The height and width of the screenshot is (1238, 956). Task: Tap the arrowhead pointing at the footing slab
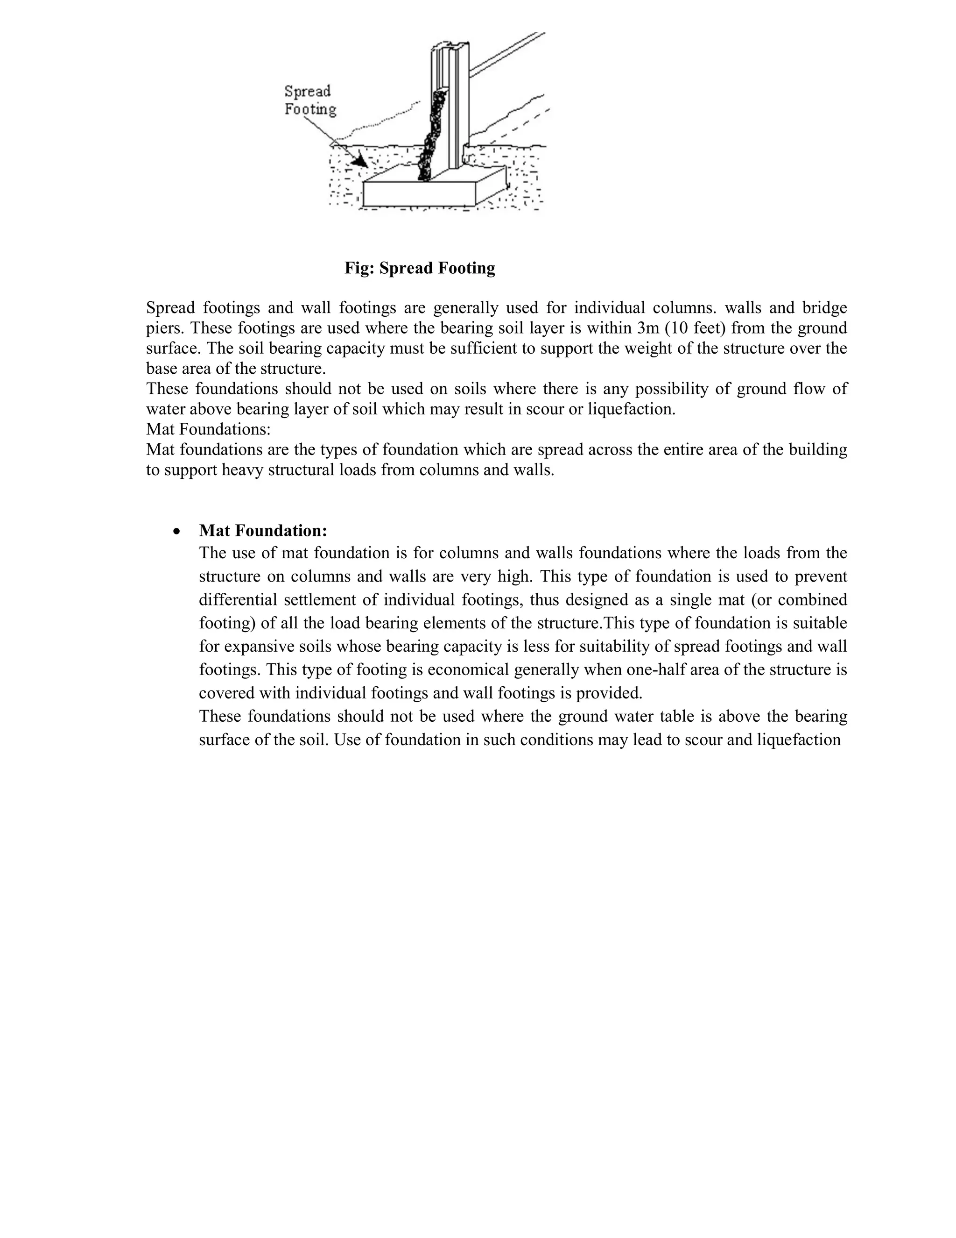[x=358, y=161]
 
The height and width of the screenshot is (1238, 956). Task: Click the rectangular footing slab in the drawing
[x=419, y=193]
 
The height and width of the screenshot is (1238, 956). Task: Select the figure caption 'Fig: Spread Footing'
[x=420, y=268]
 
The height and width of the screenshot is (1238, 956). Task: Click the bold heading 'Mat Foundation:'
[x=263, y=531]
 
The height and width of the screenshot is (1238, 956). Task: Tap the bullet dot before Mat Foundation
[x=178, y=532]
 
